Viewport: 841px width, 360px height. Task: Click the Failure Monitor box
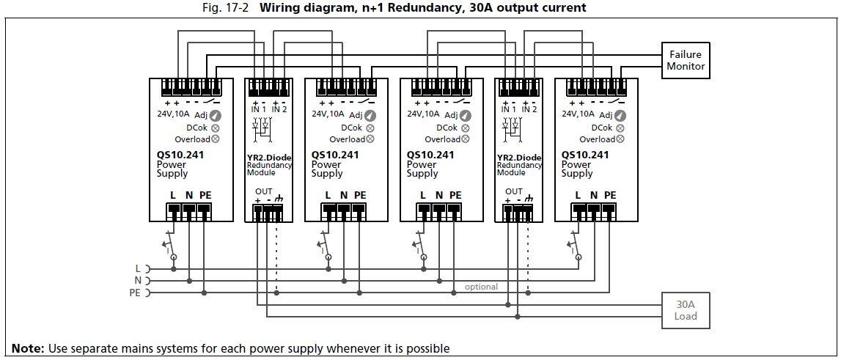(x=685, y=60)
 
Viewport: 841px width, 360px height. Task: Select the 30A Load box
(x=685, y=310)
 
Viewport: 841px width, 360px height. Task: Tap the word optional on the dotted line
(x=481, y=287)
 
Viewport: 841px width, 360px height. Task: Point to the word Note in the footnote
(x=27, y=348)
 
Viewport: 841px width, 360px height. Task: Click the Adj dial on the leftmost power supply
(x=216, y=115)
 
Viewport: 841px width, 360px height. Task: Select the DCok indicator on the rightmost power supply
(x=620, y=128)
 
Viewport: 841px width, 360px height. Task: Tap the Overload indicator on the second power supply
(x=370, y=139)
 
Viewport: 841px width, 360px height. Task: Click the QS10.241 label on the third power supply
(x=430, y=155)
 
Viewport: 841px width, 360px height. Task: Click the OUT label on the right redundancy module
(x=513, y=191)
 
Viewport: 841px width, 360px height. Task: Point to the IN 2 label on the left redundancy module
(x=279, y=109)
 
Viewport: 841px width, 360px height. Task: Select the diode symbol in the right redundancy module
(x=512, y=125)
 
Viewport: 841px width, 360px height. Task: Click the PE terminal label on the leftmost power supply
(x=205, y=195)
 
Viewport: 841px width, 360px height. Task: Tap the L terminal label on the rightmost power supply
(x=578, y=195)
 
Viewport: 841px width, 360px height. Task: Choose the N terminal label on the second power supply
(x=344, y=195)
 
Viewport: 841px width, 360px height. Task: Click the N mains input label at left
(x=138, y=281)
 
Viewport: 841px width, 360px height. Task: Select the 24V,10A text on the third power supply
(x=422, y=114)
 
